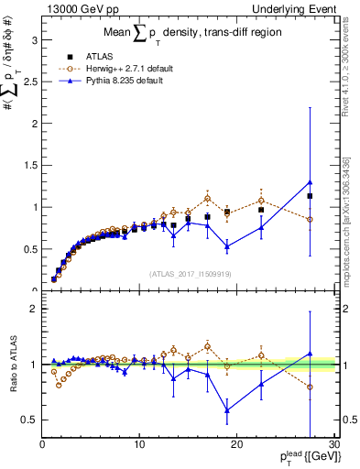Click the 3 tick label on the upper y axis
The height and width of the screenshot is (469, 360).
tap(34, 40)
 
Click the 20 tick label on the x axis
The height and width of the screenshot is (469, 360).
tap(235, 445)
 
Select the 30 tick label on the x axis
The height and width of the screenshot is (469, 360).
tap(333, 445)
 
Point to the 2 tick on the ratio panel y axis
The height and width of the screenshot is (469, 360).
tap(34, 309)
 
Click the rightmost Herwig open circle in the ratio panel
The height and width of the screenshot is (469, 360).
tap(310, 387)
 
